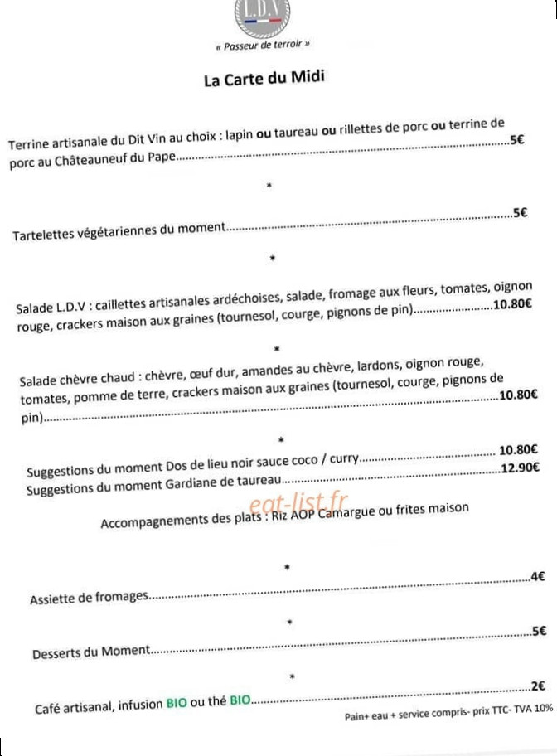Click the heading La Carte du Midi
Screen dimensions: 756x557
(x=264, y=79)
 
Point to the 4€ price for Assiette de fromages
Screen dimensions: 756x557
(x=537, y=576)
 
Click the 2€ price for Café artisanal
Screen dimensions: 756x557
(x=537, y=686)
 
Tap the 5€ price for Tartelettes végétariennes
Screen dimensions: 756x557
(x=520, y=212)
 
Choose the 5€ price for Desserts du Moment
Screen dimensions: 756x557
(x=539, y=631)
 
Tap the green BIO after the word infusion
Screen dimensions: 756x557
(x=177, y=705)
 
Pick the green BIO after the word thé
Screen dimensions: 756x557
(x=240, y=702)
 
